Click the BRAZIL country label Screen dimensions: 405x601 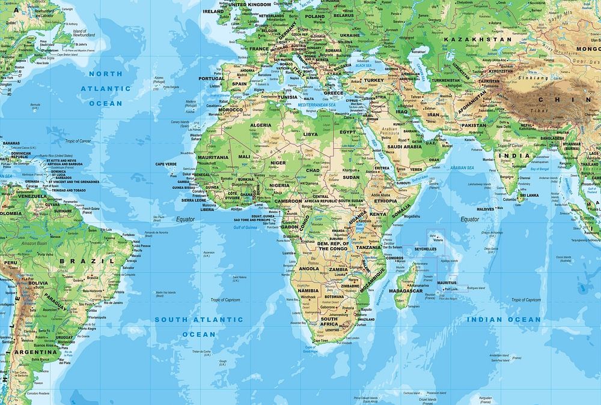point(87,261)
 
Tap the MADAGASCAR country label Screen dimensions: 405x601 point(406,291)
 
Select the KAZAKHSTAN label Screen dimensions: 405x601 point(477,39)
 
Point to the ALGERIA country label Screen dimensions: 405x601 point(260,125)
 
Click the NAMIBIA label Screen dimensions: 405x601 point(308,290)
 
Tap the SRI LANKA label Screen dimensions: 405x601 point(529,195)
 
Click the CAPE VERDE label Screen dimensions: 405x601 point(166,164)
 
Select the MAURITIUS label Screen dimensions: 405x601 point(447,282)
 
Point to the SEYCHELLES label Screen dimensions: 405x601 point(425,248)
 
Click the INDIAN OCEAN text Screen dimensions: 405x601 point(504,320)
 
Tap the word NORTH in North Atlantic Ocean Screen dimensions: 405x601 point(106,74)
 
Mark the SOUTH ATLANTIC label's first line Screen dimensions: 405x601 point(198,320)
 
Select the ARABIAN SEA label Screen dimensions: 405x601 point(463,168)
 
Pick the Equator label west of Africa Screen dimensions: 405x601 point(185,219)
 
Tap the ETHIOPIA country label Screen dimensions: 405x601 point(385,201)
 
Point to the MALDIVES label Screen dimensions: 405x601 point(485,209)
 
